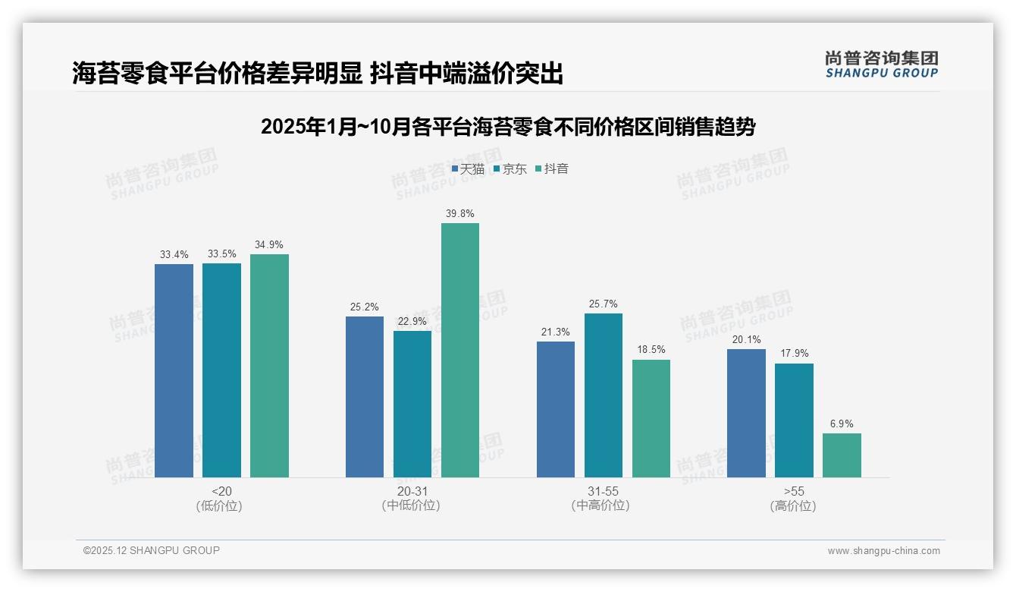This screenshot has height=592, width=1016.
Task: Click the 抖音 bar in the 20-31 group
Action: pyautogui.click(x=460, y=350)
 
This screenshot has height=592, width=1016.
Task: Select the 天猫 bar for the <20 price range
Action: pyautogui.click(x=174, y=370)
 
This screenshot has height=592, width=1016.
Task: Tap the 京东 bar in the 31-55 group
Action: pyautogui.click(x=604, y=395)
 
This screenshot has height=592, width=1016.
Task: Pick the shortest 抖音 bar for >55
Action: pyautogui.click(x=842, y=455)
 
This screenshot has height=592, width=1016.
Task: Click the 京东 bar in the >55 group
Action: pyautogui.click(x=794, y=420)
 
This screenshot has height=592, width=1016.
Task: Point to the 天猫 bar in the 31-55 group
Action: pyautogui.click(x=556, y=409)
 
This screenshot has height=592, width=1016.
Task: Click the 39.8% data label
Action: pyautogui.click(x=460, y=213)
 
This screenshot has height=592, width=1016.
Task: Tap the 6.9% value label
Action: pyautogui.click(x=842, y=424)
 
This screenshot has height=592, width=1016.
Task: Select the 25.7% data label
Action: pyautogui.click(x=604, y=304)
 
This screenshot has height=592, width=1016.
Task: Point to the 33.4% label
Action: pyautogui.click(x=174, y=254)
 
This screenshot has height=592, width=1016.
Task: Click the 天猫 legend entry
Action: pyautogui.click(x=468, y=169)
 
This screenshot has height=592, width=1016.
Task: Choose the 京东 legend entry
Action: pyautogui.click(x=510, y=169)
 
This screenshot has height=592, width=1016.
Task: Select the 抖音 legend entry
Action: pyautogui.click(x=552, y=169)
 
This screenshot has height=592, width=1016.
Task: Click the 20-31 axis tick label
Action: pyautogui.click(x=412, y=491)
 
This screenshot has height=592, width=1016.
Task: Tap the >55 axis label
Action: pyautogui.click(x=794, y=491)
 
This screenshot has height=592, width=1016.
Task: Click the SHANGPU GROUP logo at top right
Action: pyautogui.click(x=882, y=65)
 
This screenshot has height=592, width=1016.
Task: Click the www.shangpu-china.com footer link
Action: pyautogui.click(x=883, y=551)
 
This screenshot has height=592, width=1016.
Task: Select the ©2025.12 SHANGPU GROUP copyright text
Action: pyautogui.click(x=152, y=550)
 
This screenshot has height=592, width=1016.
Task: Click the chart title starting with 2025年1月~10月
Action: pyautogui.click(x=508, y=127)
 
